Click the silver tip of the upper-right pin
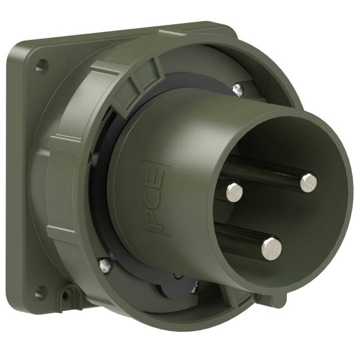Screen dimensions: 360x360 [x=308, y=181]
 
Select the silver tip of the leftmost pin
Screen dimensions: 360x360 [x=234, y=192]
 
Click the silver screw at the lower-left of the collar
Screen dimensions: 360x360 [x=104, y=264]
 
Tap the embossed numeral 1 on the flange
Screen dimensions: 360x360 [x=68, y=56]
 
